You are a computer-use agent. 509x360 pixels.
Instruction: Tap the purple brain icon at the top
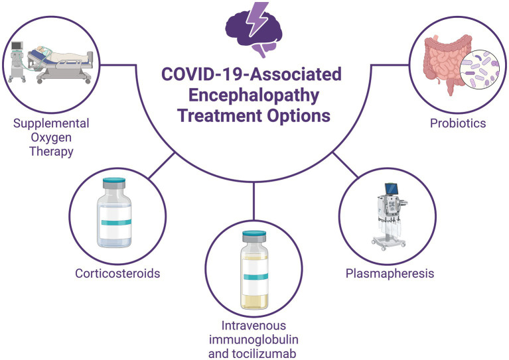[254, 30]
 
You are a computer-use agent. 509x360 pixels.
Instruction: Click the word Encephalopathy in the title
[254, 95]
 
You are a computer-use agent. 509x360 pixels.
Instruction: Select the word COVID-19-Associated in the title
[252, 74]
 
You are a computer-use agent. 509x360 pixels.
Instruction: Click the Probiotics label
[458, 123]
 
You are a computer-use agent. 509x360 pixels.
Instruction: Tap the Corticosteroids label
[117, 273]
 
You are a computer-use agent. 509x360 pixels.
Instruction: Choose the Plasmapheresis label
[390, 273]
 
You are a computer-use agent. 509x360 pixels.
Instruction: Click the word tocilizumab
[265, 353]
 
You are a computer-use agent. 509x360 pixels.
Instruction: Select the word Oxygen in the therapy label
[51, 138]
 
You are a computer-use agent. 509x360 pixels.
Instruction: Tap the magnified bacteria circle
[480, 69]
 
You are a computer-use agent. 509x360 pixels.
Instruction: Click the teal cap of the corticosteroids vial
[114, 180]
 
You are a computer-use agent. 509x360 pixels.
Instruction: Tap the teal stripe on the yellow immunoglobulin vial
[255, 276]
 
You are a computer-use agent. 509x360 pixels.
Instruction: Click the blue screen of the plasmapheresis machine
[391, 188]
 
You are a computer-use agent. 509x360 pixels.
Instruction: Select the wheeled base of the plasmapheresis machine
[389, 243]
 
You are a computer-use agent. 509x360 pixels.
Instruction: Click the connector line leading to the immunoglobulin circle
[254, 200]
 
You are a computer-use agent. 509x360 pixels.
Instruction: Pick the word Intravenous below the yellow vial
[254, 326]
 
